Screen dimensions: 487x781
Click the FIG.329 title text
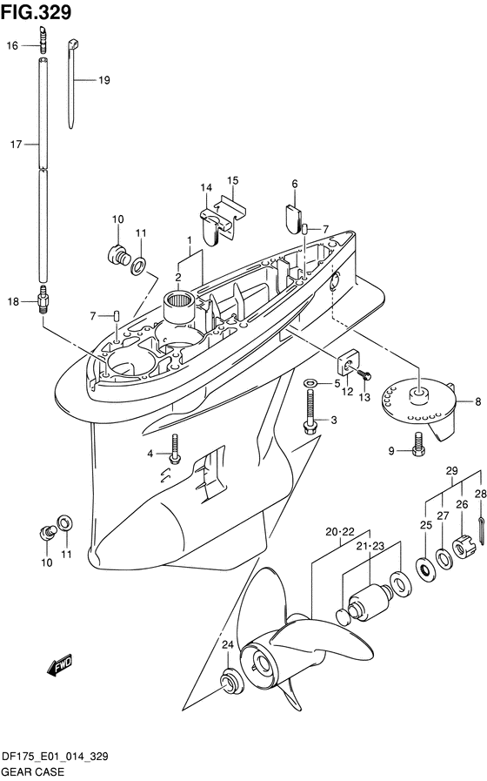[x=36, y=12]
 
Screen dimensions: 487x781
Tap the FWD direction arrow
[x=60, y=666]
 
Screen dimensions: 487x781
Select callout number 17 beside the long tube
[x=16, y=145]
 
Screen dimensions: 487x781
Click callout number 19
[x=104, y=80]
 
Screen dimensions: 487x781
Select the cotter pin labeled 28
[x=482, y=530]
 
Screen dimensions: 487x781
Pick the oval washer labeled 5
[x=310, y=382]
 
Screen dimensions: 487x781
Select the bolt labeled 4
[x=175, y=448]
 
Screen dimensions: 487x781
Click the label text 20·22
[x=340, y=532]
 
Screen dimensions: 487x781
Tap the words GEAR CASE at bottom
[x=33, y=771]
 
